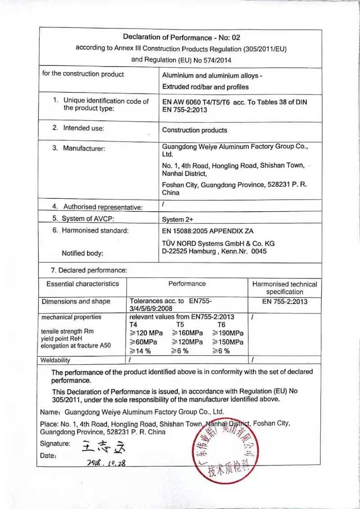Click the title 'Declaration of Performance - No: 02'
pyautogui.click(x=181, y=37)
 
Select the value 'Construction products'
pyautogui.click(x=194, y=130)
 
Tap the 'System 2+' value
pyautogui.click(x=179, y=220)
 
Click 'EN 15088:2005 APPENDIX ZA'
pyautogui.click(x=207, y=231)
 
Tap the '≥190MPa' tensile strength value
pyautogui.click(x=228, y=333)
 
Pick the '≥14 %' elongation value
pyautogui.click(x=140, y=351)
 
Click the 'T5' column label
pyautogui.click(x=180, y=325)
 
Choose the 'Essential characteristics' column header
pyautogui.click(x=82, y=284)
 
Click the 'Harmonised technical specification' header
pyautogui.click(x=284, y=288)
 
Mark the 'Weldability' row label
pyautogui.click(x=55, y=360)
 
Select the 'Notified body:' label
pyautogui.click(x=82, y=253)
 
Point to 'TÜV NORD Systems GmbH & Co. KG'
pyautogui.click(x=218, y=243)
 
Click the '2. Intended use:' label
pyautogui.click(x=78, y=128)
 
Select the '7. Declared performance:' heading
pyautogui.click(x=89, y=270)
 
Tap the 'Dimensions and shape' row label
pyautogui.click(x=76, y=302)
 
